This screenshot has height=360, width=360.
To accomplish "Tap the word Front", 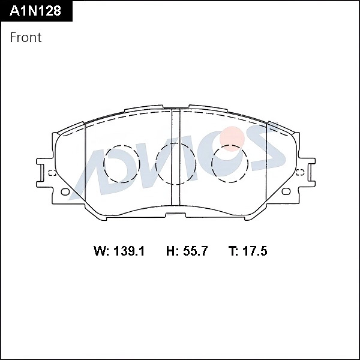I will (x=26, y=37).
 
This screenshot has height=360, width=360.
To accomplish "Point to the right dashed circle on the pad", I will (x=230, y=163).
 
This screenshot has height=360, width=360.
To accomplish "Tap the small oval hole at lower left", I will (x=65, y=193).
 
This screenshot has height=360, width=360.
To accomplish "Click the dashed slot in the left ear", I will (x=52, y=174).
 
